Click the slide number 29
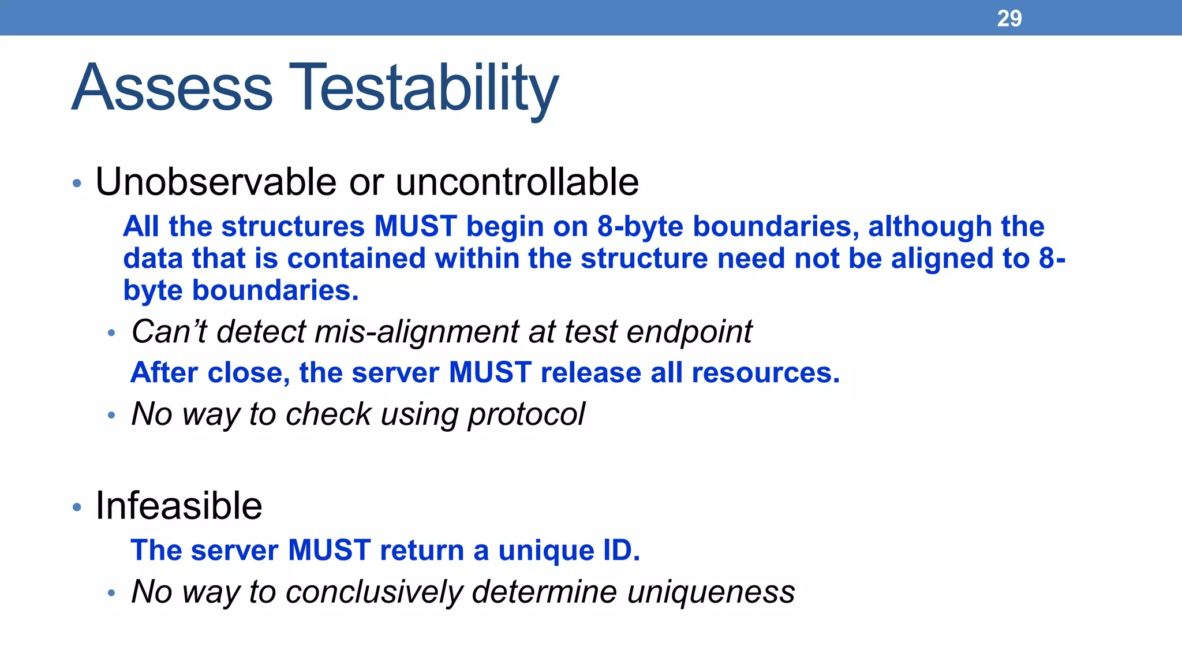[1009, 18]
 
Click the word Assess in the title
[172, 88]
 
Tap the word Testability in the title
[424, 88]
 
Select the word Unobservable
[215, 182]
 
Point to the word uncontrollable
[517, 182]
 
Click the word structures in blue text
[293, 226]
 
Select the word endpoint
[689, 332]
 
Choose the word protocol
[526, 414]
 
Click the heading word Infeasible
[178, 506]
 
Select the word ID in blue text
[620, 550]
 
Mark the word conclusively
[374, 592]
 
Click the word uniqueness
[710, 592]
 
